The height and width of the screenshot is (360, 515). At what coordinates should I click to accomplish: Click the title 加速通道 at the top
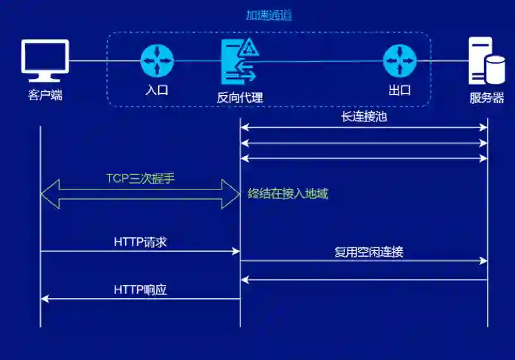pyautogui.click(x=269, y=15)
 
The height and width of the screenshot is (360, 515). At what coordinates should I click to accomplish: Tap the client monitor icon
pyautogui.click(x=45, y=61)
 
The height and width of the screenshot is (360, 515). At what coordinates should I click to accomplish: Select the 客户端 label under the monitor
pyautogui.click(x=45, y=96)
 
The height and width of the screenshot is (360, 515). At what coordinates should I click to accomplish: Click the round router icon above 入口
pyautogui.click(x=156, y=60)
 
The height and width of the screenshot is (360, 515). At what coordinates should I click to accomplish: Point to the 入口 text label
pyautogui.click(x=156, y=90)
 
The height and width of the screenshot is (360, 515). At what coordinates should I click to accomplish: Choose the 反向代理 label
pyautogui.click(x=239, y=97)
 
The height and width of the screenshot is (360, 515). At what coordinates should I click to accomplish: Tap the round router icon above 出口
pyautogui.click(x=400, y=60)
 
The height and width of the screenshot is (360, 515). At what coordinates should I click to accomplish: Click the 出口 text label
pyautogui.click(x=400, y=90)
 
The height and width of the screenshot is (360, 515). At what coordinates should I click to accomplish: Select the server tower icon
pyautogui.click(x=487, y=61)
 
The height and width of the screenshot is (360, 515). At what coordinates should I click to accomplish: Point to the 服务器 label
pyautogui.click(x=487, y=98)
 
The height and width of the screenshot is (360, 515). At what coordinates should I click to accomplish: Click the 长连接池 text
pyautogui.click(x=364, y=116)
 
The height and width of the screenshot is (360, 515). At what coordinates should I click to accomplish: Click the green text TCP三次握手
pyautogui.click(x=140, y=179)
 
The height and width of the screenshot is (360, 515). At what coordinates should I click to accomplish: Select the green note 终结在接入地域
pyautogui.click(x=288, y=194)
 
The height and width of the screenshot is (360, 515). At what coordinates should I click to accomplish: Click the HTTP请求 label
pyautogui.click(x=140, y=242)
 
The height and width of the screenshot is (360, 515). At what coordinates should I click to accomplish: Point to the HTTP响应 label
pyautogui.click(x=140, y=290)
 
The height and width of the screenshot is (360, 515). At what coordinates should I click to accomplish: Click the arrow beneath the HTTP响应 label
pyautogui.click(x=140, y=299)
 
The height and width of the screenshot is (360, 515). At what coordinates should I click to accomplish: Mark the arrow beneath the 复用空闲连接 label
pyautogui.click(x=364, y=261)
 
